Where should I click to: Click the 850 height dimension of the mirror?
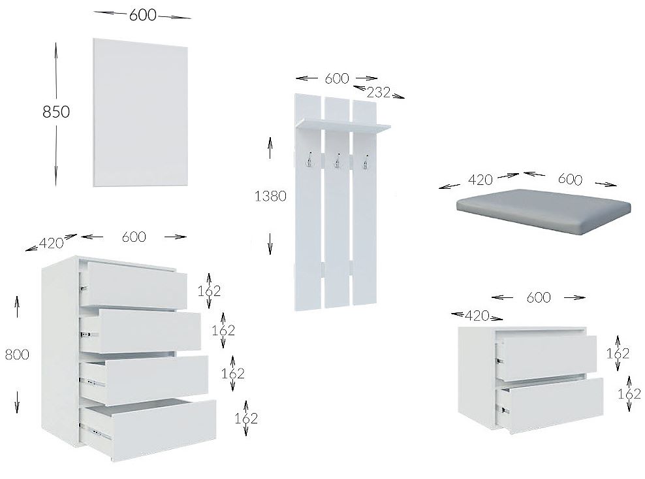click(56, 112)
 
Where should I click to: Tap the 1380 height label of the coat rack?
click(270, 196)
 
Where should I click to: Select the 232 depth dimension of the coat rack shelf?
click(379, 92)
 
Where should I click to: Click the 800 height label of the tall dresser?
click(17, 354)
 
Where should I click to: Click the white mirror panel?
click(140, 112)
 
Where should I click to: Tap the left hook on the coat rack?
click(308, 160)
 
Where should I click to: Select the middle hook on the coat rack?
click(338, 161)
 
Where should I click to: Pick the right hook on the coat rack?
click(366, 161)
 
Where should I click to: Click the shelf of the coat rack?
click(343, 125)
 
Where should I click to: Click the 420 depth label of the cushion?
click(480, 180)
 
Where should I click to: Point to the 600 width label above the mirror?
click(143, 15)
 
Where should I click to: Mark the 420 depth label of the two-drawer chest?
click(477, 316)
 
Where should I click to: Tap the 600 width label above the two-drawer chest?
click(539, 297)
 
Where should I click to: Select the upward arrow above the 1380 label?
click(270, 148)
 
